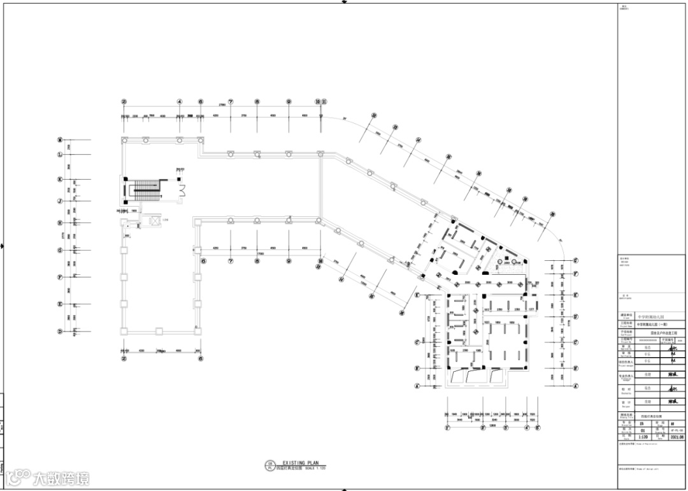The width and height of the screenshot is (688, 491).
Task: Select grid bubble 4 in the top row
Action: click(x=180, y=101)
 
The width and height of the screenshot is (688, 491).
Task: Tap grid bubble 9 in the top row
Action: click(x=289, y=101)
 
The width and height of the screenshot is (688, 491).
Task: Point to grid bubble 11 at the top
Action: click(x=324, y=101)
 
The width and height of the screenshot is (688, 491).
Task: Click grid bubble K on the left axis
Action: click(x=60, y=180)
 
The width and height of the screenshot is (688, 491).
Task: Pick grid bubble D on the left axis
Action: click(x=60, y=332)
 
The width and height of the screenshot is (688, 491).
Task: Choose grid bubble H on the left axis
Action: click(x=60, y=223)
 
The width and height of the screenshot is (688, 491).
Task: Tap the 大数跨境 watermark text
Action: click(x=61, y=478)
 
